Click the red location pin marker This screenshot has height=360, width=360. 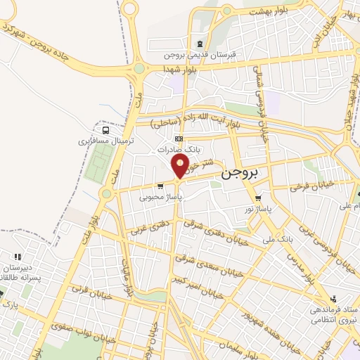click(180, 166)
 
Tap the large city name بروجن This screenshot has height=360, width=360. click(240, 172)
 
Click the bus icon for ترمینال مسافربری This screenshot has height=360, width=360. click(105, 130)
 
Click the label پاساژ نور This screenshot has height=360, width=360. click(258, 209)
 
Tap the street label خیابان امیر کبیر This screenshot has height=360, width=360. click(205, 282)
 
